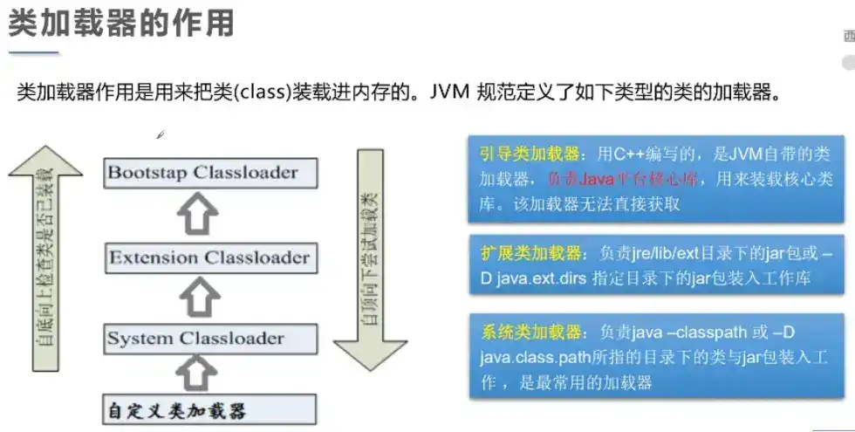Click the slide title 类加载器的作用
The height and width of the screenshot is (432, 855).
121,24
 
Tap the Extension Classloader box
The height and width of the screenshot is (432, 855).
209,258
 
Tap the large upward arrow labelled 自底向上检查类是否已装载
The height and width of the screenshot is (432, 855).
45,262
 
